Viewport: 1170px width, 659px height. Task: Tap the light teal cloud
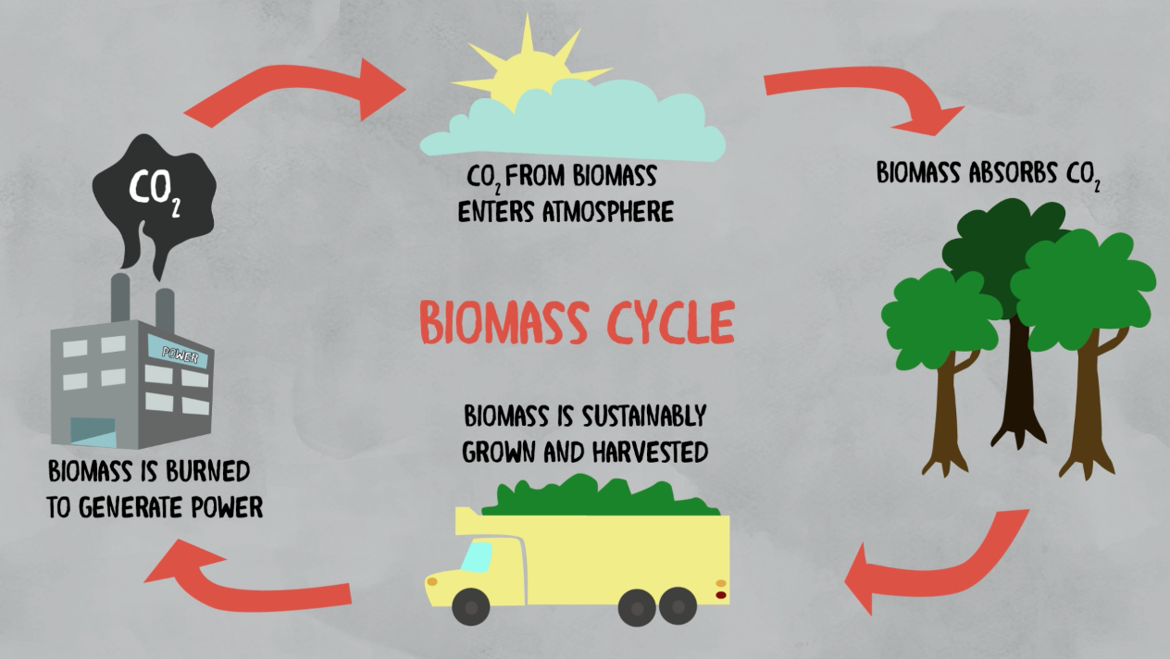574,130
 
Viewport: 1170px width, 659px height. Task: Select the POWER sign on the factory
179,353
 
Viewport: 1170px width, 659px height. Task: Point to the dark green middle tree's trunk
1019,379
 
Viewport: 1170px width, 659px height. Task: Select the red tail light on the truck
721,594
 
